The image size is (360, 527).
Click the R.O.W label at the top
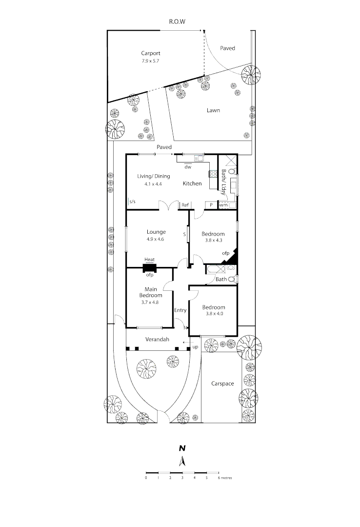[x=178, y=21]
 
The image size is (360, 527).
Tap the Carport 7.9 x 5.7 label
[x=151, y=57]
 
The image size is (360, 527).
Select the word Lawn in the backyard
[x=213, y=110]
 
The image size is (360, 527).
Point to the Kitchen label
[x=192, y=183]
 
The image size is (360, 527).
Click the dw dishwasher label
[x=187, y=167]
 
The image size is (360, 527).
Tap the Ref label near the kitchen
[x=185, y=205]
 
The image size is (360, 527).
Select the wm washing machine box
[x=223, y=205]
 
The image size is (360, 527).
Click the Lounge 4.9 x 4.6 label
[x=157, y=235]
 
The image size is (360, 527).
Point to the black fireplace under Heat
[x=150, y=268]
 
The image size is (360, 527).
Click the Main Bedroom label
[x=150, y=295]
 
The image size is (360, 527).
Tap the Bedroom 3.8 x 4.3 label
[x=213, y=237]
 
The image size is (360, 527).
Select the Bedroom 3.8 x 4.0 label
[x=214, y=310]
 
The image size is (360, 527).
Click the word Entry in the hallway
[x=180, y=310]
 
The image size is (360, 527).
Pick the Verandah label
[x=157, y=339]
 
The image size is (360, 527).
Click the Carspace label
[x=222, y=384]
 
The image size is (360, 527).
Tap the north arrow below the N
[x=182, y=462]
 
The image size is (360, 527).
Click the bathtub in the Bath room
[x=213, y=268]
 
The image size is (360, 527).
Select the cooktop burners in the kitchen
[x=213, y=174]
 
